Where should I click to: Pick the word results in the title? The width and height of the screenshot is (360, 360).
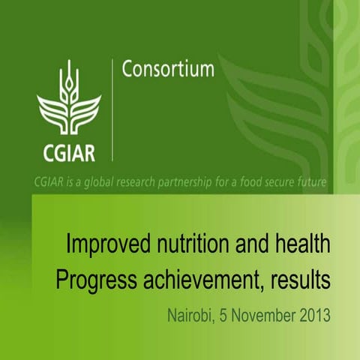pyautogui.click(x=300, y=281)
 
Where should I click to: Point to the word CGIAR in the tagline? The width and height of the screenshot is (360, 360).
pyautogui.click(x=49, y=182)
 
